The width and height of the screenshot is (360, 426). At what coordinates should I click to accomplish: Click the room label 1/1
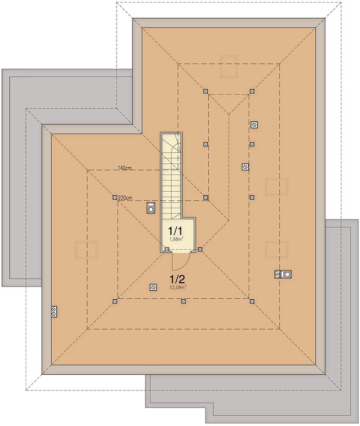175,231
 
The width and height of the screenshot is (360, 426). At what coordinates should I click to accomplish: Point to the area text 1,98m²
176,239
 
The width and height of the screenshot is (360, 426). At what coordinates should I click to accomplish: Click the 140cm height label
125,168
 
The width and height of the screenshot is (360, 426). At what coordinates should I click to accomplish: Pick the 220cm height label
125,198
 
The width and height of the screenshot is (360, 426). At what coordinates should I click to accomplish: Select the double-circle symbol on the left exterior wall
54,312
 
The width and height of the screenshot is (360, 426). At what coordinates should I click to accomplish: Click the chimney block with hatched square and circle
283,274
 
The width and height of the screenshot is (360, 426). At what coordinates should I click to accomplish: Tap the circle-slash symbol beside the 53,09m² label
153,288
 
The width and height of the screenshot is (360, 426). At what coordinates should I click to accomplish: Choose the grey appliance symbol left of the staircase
150,208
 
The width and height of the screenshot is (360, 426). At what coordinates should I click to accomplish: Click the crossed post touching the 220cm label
114,197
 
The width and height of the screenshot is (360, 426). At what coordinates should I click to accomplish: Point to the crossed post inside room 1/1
167,249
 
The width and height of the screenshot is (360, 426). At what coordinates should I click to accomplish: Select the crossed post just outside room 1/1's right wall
200,249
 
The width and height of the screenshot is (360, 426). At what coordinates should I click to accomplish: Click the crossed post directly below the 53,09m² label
183,301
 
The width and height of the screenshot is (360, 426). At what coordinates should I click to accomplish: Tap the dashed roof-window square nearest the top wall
228,67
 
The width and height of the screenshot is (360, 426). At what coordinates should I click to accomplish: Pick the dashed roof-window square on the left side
86,250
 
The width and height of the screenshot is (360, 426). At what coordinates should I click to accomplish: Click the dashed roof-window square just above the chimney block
276,249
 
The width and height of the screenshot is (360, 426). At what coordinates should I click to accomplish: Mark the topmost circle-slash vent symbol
255,125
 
